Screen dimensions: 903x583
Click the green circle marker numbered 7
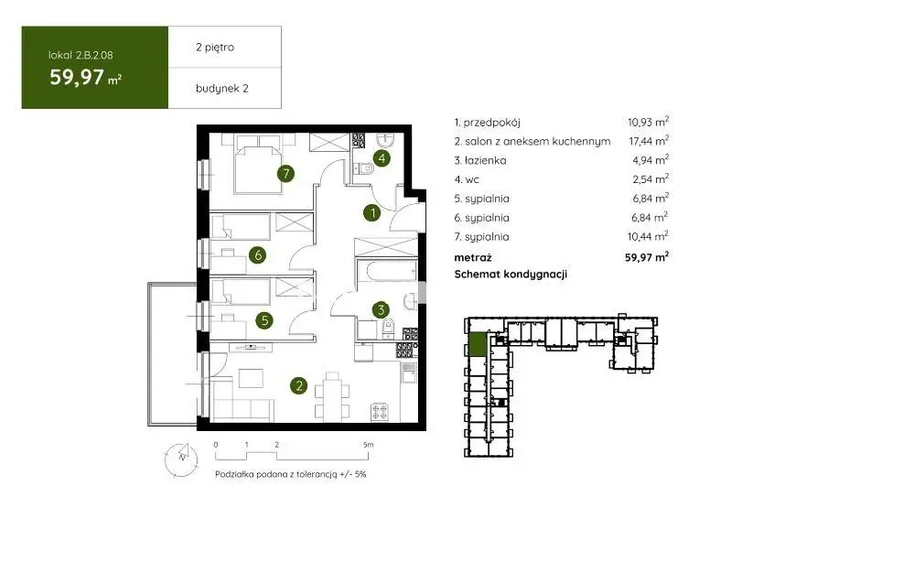(x=285, y=173)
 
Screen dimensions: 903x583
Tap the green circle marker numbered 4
(x=382, y=157)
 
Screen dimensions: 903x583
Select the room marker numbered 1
(x=372, y=213)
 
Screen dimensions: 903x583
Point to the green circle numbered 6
(x=257, y=254)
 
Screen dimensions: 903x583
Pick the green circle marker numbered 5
(x=265, y=320)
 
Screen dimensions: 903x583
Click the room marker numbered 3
(x=381, y=310)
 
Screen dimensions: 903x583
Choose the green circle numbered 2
(x=298, y=385)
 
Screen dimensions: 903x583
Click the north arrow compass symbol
(x=181, y=459)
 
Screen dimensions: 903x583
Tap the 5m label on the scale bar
(x=369, y=445)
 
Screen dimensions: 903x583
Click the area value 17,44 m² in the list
(x=649, y=141)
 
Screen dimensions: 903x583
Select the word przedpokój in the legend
(x=492, y=123)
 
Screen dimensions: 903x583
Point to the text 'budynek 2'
(x=222, y=88)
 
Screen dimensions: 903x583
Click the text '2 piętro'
(x=215, y=48)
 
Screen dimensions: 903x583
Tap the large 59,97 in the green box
(x=77, y=77)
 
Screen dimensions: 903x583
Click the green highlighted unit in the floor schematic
(x=477, y=345)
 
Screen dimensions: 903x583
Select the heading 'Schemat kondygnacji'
(x=511, y=275)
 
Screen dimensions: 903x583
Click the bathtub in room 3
(x=387, y=271)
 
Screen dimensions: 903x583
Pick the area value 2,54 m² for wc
(x=650, y=179)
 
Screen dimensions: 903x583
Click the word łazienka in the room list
(x=486, y=161)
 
